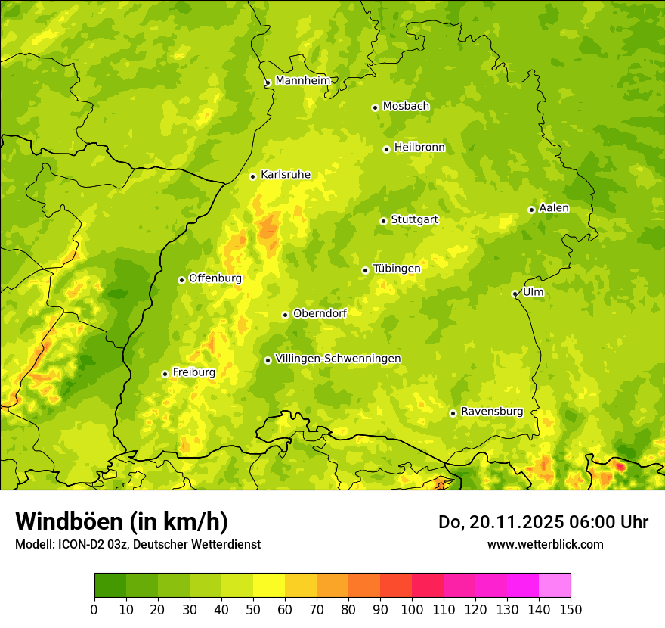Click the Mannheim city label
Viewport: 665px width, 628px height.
(302, 80)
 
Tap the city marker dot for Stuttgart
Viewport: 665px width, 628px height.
(383, 221)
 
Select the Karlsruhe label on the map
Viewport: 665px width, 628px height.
(285, 174)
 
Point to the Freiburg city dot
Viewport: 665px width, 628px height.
(165, 374)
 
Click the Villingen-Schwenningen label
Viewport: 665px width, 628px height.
(338, 358)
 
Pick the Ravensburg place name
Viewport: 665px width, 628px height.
(491, 411)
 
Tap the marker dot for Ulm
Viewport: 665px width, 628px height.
(515, 294)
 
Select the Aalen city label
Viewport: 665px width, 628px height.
(554, 207)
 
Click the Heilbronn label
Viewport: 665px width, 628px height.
(419, 147)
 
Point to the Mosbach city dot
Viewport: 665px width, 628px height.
(375, 107)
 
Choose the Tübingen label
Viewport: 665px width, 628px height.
(396, 268)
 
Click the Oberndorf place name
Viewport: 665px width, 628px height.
(320, 312)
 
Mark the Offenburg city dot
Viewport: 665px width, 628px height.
(181, 280)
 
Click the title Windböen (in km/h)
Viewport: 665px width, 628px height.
(121, 521)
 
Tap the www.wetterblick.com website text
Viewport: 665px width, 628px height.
(545, 544)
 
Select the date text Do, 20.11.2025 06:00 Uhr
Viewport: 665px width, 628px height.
(543, 522)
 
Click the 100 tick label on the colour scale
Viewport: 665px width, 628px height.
(412, 609)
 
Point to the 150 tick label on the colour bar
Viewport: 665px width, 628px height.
(571, 609)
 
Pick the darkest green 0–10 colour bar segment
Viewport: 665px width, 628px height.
(110, 586)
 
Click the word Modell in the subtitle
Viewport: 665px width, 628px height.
(33, 544)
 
